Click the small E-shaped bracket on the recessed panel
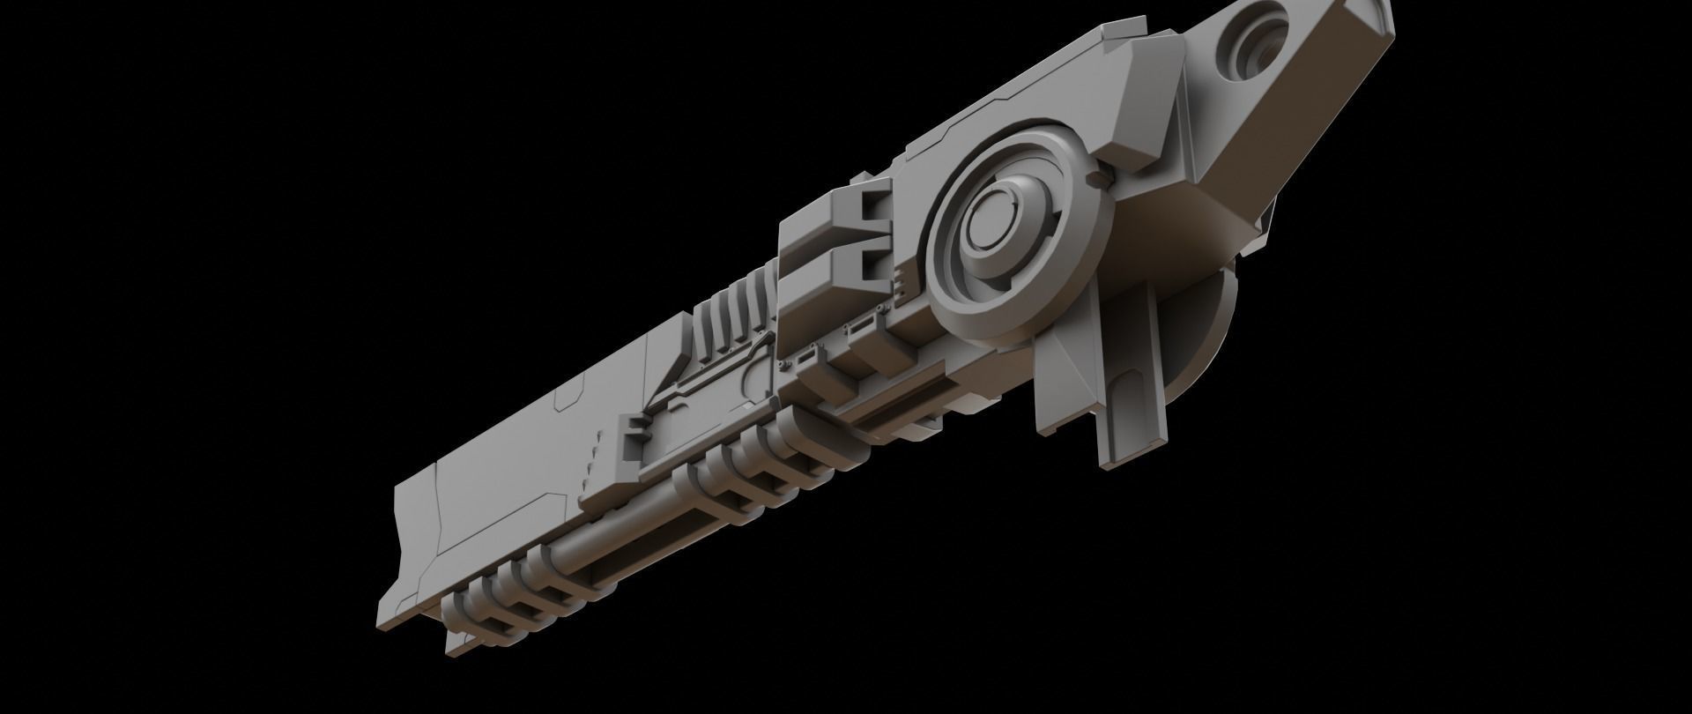tap(632, 438)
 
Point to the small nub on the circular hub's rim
tap(1096, 180)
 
